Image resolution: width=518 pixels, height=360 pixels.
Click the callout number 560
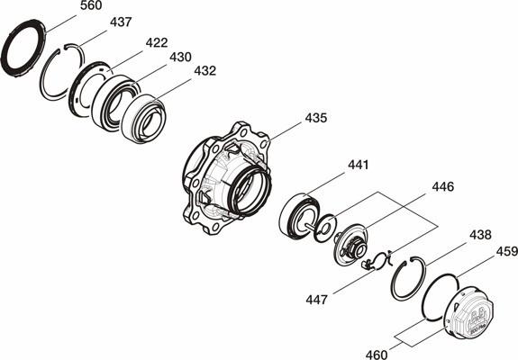(x=91, y=5)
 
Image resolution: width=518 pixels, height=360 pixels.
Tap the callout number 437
(x=121, y=22)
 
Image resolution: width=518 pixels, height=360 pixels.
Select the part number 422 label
(x=157, y=42)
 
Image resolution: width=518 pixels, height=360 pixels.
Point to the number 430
(x=180, y=57)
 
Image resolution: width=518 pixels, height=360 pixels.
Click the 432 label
(x=204, y=70)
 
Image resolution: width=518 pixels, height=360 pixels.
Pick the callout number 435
(x=316, y=118)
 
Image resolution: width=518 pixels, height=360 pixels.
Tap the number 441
(x=359, y=165)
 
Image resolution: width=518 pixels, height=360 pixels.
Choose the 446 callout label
(x=443, y=187)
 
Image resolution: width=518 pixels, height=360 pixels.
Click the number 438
(x=480, y=235)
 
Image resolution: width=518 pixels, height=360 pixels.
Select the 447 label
(x=316, y=300)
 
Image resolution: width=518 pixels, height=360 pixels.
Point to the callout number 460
(x=377, y=355)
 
